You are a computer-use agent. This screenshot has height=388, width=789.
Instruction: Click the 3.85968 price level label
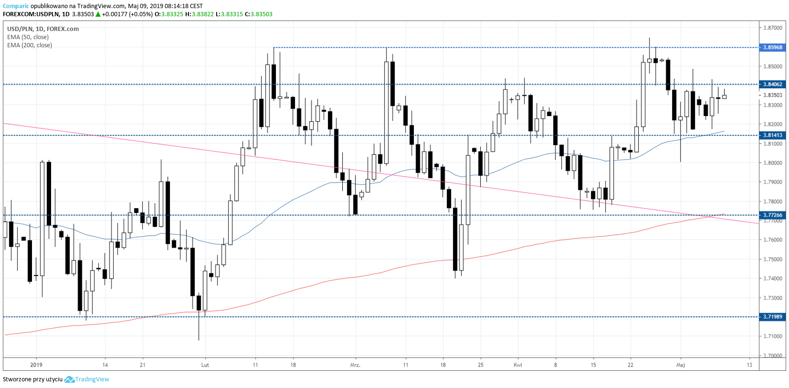click(772, 48)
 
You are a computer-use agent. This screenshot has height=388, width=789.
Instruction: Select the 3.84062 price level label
click(772, 84)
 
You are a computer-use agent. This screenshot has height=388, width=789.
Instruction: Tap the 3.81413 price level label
click(772, 136)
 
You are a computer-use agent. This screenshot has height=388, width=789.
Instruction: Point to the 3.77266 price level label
click(772, 215)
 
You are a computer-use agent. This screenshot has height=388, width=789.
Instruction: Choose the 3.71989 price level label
click(772, 317)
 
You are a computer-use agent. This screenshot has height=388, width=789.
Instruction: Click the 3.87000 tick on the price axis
click(773, 28)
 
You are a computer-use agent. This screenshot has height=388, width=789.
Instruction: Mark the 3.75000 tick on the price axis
click(773, 259)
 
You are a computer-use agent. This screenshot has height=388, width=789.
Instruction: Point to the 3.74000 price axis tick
click(773, 279)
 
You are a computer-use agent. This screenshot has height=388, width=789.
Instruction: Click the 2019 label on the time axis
click(36, 365)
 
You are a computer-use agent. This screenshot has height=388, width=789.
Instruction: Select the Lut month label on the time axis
click(205, 365)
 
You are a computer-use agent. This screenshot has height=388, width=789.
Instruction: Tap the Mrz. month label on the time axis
click(355, 365)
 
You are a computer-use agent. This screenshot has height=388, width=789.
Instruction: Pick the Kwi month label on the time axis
click(518, 365)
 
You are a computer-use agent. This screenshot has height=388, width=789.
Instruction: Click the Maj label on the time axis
click(681, 365)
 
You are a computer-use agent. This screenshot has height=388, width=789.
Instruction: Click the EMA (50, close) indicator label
click(28, 37)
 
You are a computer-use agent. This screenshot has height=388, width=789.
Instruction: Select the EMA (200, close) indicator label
click(30, 45)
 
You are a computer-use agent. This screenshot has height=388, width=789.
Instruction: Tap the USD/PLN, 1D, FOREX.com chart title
click(43, 29)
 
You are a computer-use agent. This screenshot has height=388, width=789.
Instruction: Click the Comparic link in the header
click(16, 6)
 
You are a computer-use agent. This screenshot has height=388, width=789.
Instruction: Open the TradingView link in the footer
click(92, 379)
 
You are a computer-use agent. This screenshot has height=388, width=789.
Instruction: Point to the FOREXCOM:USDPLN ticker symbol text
click(30, 14)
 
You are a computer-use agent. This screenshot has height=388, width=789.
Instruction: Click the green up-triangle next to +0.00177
click(98, 14)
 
